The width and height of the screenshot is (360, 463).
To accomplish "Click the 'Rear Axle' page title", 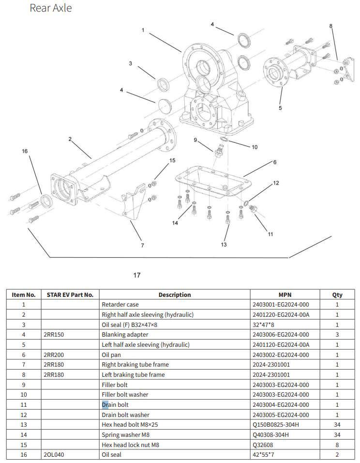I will [51, 8].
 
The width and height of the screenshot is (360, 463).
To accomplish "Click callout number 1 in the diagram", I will [143, 30].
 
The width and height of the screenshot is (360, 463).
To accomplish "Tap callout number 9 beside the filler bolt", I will [195, 140].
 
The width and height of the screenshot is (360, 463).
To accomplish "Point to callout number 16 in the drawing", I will [25, 151].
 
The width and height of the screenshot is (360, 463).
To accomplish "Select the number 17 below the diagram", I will [137, 275].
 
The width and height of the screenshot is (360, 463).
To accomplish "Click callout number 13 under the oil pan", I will [224, 245].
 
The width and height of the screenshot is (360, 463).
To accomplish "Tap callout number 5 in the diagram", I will [280, 108].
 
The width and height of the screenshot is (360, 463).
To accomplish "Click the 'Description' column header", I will [175, 294].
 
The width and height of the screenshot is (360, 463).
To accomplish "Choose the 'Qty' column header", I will [337, 294].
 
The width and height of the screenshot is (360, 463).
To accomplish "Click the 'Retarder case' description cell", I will [120, 305].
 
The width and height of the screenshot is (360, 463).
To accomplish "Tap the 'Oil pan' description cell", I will [112, 355].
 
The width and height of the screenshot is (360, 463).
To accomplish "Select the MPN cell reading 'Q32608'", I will [264, 445].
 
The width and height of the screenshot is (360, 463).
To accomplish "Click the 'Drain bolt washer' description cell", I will [125, 415].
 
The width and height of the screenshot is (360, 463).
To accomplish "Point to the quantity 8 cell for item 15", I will [337, 445].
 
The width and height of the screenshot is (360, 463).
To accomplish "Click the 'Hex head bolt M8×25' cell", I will [130, 425].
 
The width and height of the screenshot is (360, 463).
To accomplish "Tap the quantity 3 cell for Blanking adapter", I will [337, 335].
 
